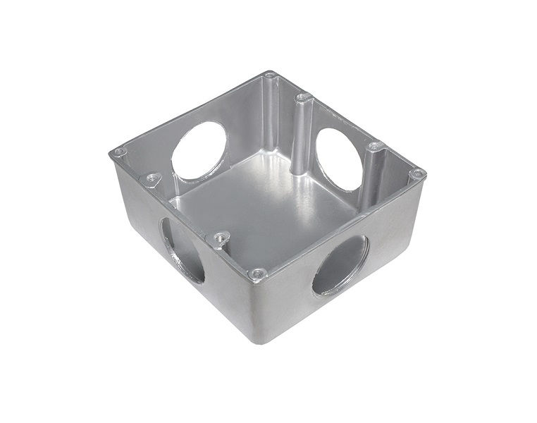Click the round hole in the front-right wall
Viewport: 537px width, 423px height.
tap(340, 265)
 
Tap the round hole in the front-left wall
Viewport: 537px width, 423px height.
tap(182, 250)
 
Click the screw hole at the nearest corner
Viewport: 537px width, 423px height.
tap(258, 273)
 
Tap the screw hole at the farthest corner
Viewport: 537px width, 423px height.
tap(270, 75)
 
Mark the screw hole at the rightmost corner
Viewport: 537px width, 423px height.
tap(417, 173)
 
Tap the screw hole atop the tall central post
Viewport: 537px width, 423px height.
tap(302, 97)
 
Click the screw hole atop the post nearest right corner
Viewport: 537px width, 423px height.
tap(375, 147)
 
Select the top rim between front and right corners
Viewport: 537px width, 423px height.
tap(338, 224)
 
